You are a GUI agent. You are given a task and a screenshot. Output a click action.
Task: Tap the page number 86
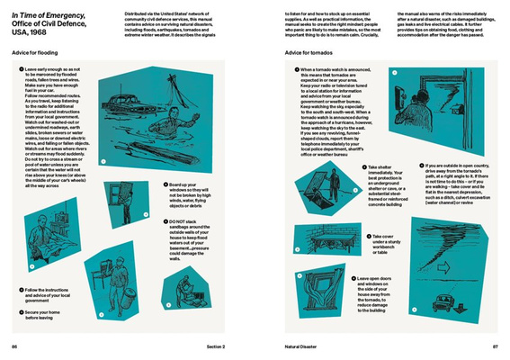tap(14, 346)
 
